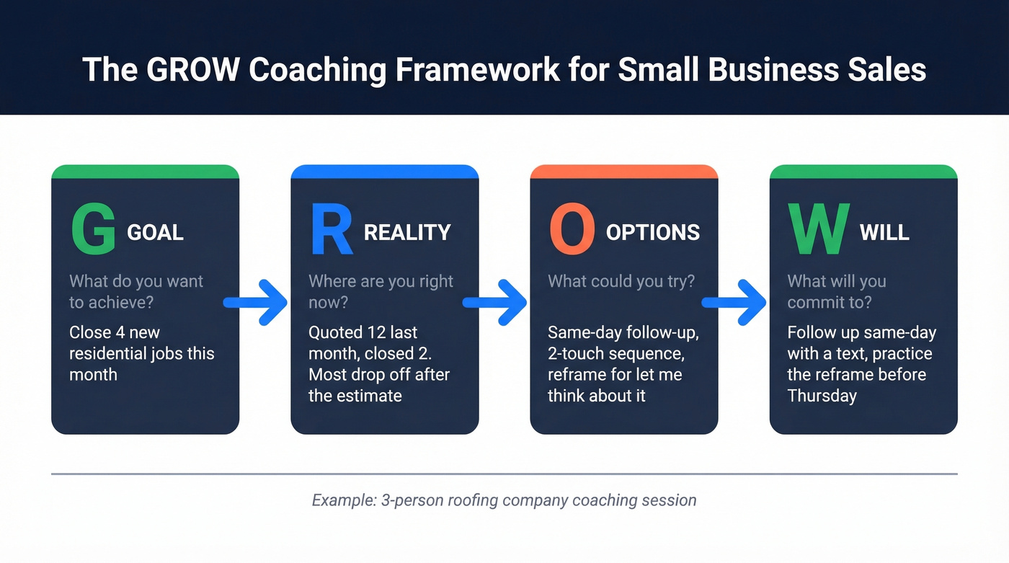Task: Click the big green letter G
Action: tap(93, 229)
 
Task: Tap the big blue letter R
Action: tap(331, 229)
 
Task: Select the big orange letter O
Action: tap(572, 229)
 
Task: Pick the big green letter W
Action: tap(817, 229)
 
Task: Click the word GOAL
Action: tap(156, 232)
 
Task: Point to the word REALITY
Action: tap(407, 232)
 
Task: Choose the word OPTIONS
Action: tap(652, 232)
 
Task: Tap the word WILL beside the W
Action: tap(884, 232)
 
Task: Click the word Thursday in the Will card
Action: tap(822, 396)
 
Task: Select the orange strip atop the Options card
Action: tap(624, 172)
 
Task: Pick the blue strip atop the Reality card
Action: tap(385, 172)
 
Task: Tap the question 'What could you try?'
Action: tap(621, 281)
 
